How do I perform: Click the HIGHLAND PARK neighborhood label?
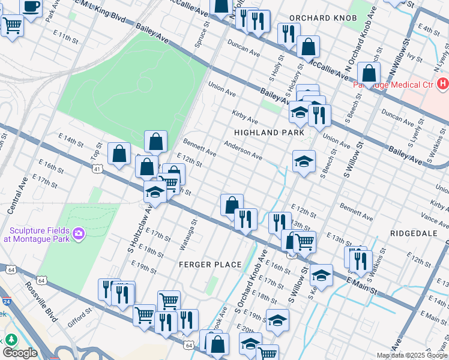pos(265,132)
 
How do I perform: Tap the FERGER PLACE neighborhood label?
pos(210,265)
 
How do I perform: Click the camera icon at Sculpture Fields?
pos(78,233)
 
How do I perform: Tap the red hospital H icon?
pos(443,83)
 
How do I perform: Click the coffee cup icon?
pos(32,6)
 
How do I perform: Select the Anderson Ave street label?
pos(243,151)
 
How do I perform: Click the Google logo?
pos(20,353)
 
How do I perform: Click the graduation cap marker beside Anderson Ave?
pos(304,161)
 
